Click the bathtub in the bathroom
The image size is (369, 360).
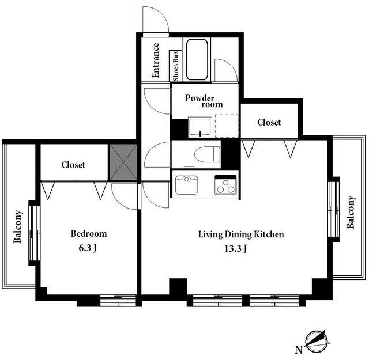tap(197, 60)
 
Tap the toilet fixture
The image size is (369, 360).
tap(207, 154)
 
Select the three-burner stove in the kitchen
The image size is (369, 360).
tap(225, 185)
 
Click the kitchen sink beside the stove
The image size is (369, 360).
tap(187, 185)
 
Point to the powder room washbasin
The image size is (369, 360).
tap(200, 127)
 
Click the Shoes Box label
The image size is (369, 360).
tap(176, 66)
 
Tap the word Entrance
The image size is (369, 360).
tap(155, 60)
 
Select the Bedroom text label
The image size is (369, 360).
tap(89, 233)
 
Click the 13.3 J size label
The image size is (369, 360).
tap(236, 248)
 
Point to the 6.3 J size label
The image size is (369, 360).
tap(87, 248)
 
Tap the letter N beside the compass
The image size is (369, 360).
tap(299, 350)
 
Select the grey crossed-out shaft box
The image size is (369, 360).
tap(124, 162)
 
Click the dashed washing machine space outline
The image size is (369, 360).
tap(227, 126)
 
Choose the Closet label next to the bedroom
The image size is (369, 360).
tap(73, 165)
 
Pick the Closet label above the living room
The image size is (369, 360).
tap(269, 122)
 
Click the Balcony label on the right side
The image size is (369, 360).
tap(351, 212)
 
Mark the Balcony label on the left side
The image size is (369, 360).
tap(18, 227)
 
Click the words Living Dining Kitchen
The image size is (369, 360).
tap(241, 234)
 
